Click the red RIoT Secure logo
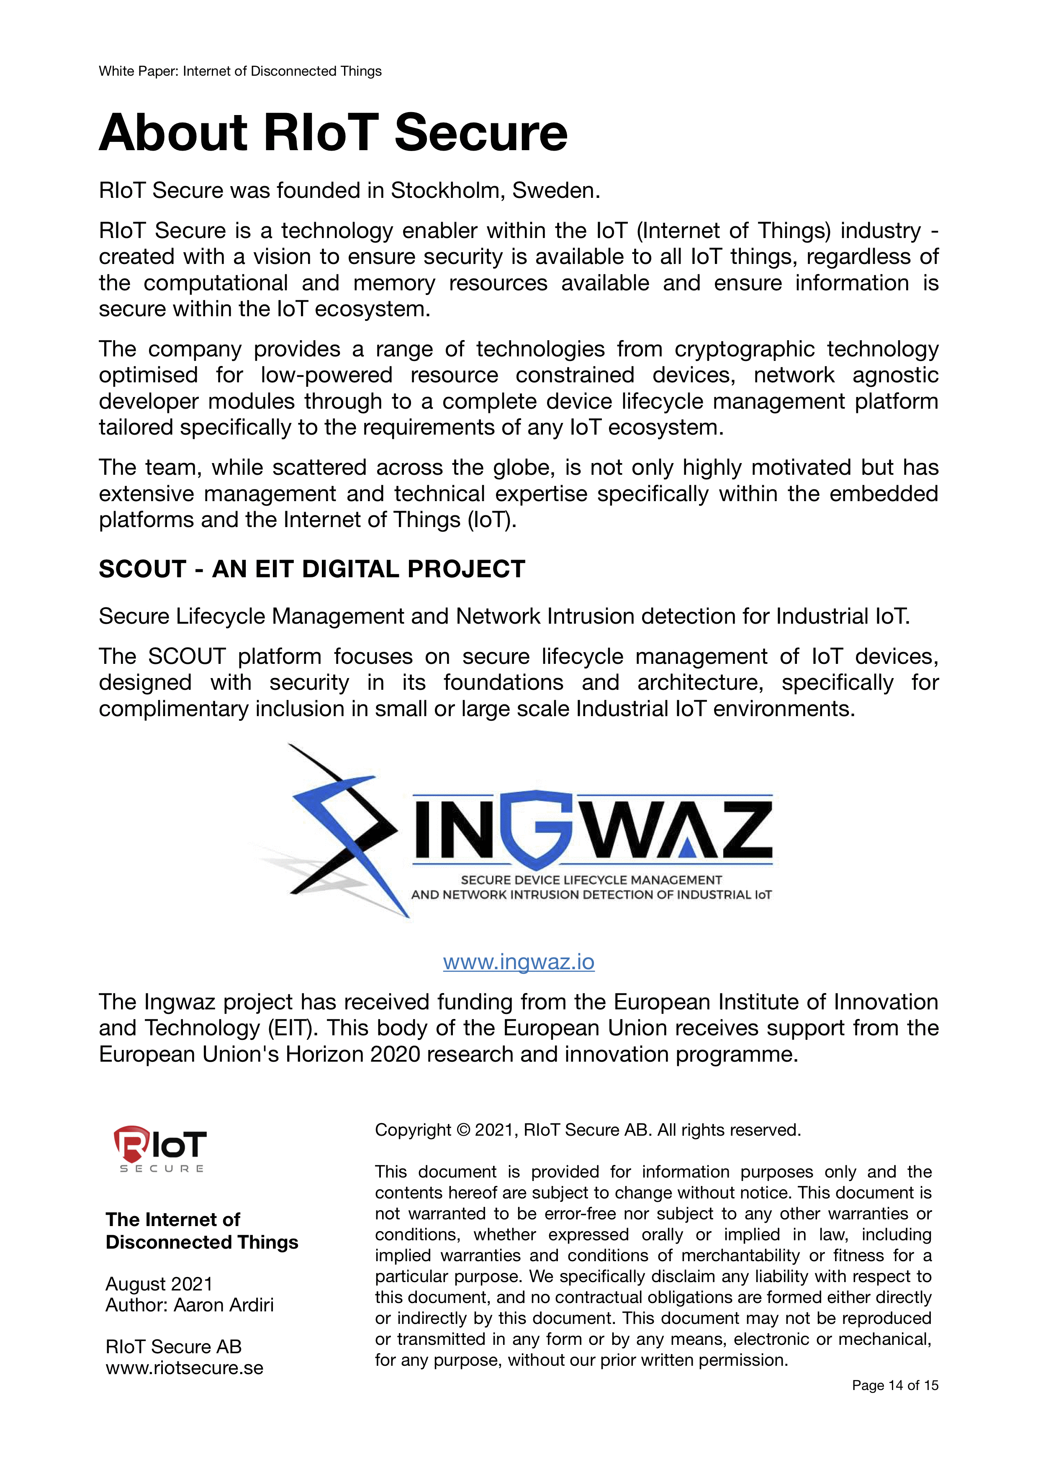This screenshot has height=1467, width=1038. (160, 1148)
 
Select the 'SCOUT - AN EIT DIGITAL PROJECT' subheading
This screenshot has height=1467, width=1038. (312, 568)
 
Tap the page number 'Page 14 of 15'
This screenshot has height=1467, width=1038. (895, 1385)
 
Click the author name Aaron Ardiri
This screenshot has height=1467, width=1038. (224, 1305)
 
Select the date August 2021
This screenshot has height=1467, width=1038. (159, 1284)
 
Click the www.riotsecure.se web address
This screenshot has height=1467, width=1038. (184, 1368)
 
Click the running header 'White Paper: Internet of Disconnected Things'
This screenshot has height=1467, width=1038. (240, 71)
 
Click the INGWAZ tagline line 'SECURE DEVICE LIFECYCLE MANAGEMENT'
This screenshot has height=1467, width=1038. (591, 880)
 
